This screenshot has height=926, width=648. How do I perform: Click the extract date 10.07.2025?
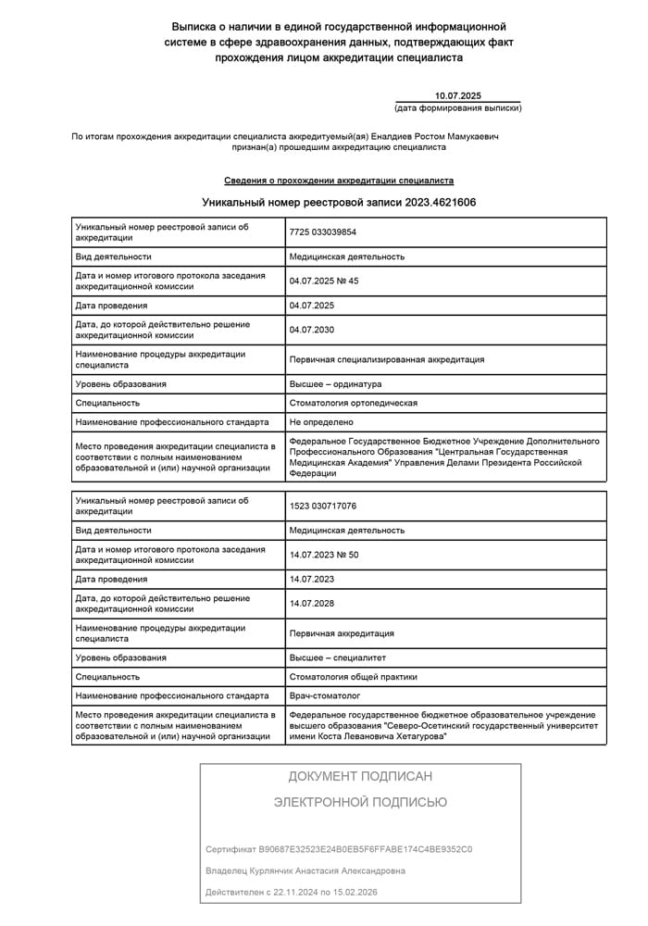(x=458, y=96)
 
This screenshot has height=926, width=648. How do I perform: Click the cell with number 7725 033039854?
(x=323, y=231)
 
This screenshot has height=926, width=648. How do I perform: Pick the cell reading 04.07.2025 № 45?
(x=323, y=281)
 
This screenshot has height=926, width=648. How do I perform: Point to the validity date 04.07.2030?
(x=312, y=330)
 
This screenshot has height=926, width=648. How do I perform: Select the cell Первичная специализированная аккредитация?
(x=387, y=359)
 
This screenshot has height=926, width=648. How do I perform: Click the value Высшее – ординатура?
(x=335, y=384)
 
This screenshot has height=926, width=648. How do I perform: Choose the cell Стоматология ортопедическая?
(x=354, y=403)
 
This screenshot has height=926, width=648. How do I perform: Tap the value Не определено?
(x=321, y=422)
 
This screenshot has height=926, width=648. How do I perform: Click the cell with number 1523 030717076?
(x=323, y=506)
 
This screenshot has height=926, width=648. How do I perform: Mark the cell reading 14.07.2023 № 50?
(x=323, y=555)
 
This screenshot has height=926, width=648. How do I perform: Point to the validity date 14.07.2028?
(x=312, y=604)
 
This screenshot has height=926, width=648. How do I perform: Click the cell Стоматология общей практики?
(x=354, y=677)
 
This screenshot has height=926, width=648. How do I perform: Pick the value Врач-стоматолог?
(x=325, y=695)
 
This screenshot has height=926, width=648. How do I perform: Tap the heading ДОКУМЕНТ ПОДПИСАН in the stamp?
(x=360, y=777)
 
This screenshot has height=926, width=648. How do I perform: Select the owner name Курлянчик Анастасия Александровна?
(x=305, y=871)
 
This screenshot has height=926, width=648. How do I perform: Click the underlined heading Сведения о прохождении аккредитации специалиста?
(x=339, y=181)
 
